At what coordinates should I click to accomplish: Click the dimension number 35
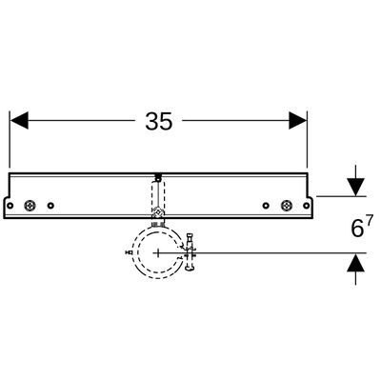[159, 121]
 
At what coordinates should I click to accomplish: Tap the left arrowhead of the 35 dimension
[19, 120]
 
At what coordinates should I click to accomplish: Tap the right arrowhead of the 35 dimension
[298, 120]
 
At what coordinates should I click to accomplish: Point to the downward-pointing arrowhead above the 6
[355, 188]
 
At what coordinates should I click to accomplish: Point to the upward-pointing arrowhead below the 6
[355, 262]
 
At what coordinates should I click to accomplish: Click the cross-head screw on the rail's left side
[30, 206]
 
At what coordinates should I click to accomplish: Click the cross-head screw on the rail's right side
[287, 206]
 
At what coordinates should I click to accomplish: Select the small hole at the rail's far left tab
[10, 206]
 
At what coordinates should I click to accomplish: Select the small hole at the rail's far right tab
[306, 206]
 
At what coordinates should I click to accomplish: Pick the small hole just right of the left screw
[50, 206]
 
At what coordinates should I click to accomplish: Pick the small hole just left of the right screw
[266, 206]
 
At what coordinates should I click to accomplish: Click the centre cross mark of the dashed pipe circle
[158, 253]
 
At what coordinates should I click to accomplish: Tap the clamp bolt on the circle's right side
[190, 252]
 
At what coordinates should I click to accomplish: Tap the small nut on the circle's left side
[129, 252]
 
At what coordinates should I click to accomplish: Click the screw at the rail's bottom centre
[158, 212]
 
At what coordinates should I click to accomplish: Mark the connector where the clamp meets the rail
[158, 224]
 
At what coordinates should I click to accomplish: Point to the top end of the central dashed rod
[158, 176]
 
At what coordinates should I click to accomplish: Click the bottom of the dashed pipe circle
[158, 278]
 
